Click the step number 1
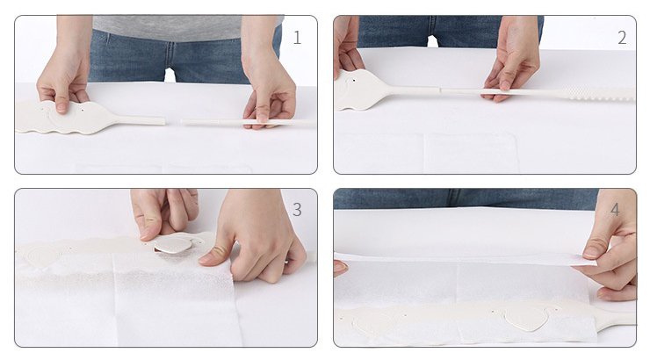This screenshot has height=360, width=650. pyautogui.click(x=297, y=38)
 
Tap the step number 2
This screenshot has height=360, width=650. pyautogui.click(x=622, y=38)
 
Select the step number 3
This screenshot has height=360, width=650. pyautogui.click(x=297, y=210)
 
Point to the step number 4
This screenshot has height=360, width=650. pyautogui.click(x=615, y=210)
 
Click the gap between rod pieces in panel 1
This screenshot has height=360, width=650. pyautogui.click(x=173, y=122)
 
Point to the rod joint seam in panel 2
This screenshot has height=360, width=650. pyautogui.click(x=439, y=89)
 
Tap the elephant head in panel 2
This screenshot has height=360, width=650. pyautogui.click(x=361, y=90)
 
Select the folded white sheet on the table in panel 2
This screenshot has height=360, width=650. pyautogui.click(x=427, y=153)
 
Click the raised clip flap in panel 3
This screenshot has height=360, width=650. pyautogui.click(x=173, y=244)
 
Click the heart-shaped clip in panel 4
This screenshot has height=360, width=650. pyautogui.click(x=525, y=319)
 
